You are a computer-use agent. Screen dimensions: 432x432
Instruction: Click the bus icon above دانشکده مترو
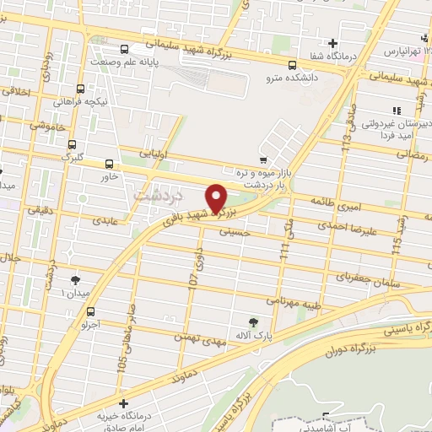pos(292,64)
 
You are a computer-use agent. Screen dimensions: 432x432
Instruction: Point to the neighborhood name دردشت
pos(152,193)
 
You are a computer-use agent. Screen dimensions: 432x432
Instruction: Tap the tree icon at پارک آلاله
pos(254,321)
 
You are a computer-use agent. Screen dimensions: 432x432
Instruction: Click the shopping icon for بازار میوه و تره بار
pos(263,160)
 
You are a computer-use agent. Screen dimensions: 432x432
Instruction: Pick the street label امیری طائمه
pos(336,202)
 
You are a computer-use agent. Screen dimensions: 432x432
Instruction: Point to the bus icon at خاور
pos(109,165)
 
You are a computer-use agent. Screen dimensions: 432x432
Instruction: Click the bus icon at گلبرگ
pos(72,144)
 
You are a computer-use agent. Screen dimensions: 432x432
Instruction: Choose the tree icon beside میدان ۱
pos(76,279)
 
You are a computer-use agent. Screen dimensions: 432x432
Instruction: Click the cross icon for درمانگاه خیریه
pos(124,404)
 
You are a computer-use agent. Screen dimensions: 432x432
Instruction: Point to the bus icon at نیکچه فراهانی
pos(81,89)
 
